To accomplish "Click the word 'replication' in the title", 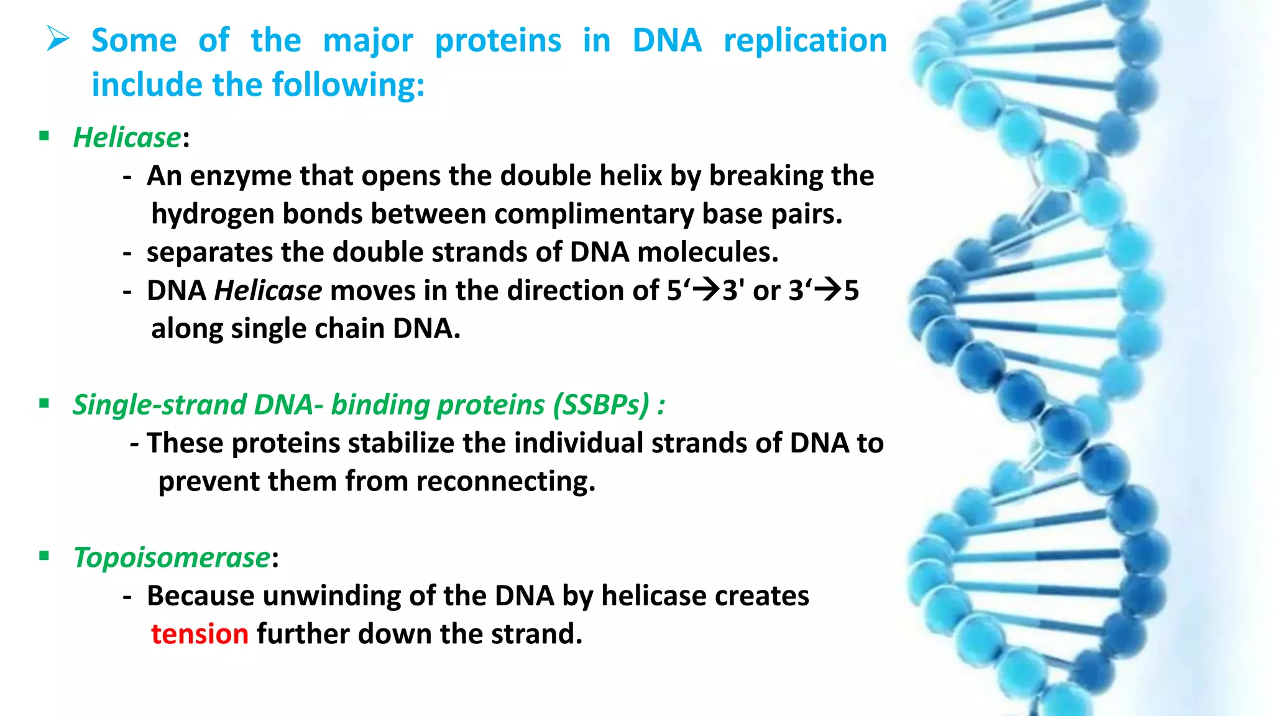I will pyautogui.click(x=805, y=41).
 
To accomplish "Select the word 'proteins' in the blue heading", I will pyautogui.click(x=497, y=41).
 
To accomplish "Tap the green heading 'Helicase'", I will pyautogui.click(x=127, y=137).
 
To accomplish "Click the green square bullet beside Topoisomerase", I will pyautogui.click(x=44, y=556).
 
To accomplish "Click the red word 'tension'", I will pyautogui.click(x=200, y=634).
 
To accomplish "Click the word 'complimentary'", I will pyautogui.click(x=594, y=214).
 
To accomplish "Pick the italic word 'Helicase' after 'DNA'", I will pyautogui.click(x=268, y=291).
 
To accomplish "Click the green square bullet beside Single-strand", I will pyautogui.click(x=44, y=404).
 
